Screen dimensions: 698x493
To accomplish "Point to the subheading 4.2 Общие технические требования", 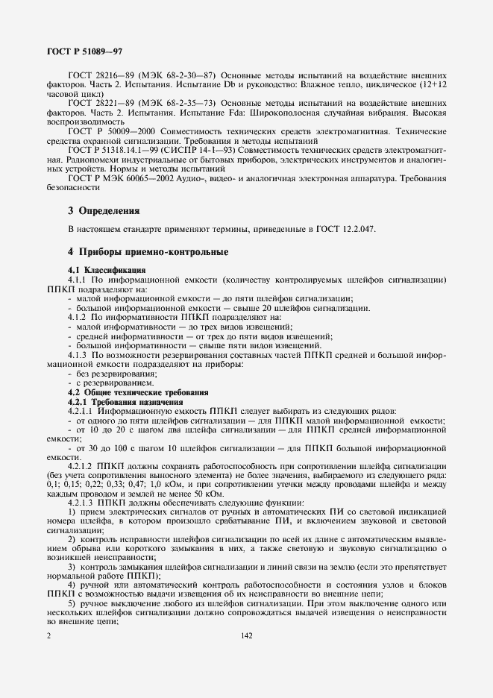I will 139,392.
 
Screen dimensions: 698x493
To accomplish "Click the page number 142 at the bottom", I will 248,635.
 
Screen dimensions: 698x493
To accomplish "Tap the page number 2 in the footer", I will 48,635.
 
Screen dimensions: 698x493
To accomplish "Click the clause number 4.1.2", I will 80,318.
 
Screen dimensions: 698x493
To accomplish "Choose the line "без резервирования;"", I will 108,373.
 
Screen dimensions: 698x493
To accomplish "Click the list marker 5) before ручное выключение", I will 72,602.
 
